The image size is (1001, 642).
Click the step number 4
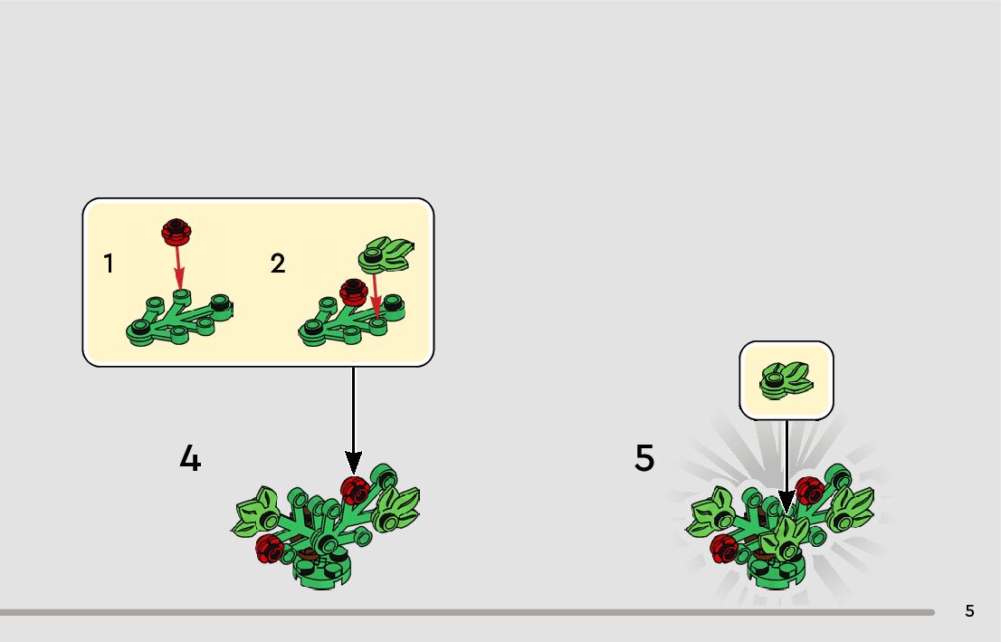tap(190, 458)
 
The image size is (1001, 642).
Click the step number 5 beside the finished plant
tap(643, 458)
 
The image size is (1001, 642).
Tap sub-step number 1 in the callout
tap(109, 264)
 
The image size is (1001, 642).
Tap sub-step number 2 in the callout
tap(277, 264)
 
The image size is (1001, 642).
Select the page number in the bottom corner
tap(969, 611)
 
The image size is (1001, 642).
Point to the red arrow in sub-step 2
tap(375, 296)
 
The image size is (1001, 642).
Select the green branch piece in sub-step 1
tap(181, 321)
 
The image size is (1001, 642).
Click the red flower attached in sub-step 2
tap(351, 292)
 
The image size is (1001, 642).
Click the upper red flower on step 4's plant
tap(354, 489)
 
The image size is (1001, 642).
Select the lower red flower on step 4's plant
tap(268, 547)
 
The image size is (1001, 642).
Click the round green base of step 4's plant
tap(321, 570)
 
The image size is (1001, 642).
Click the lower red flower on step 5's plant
tap(725, 547)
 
